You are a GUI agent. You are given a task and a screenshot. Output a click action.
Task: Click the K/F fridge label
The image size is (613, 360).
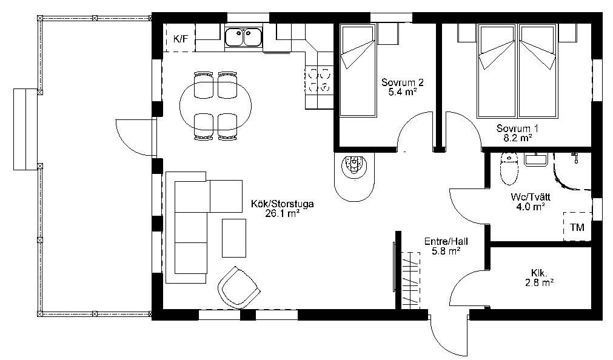(x=181, y=39)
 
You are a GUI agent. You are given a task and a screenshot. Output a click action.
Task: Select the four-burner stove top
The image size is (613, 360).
(x=319, y=80)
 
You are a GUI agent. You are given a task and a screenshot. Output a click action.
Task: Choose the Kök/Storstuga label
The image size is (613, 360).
(x=283, y=204)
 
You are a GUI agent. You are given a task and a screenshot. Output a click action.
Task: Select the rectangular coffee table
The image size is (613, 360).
(x=234, y=238)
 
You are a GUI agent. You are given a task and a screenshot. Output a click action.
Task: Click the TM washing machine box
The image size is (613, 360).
(x=577, y=227)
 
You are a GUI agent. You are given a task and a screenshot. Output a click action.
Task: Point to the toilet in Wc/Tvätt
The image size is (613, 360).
(x=509, y=168)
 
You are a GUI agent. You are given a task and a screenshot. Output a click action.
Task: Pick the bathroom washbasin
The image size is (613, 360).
(x=536, y=159)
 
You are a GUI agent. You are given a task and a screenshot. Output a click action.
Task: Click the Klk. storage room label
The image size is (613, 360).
(x=539, y=273)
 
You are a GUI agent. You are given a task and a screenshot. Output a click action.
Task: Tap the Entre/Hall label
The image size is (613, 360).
(x=446, y=241)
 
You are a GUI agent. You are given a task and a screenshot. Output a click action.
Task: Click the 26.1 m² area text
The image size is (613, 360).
(x=283, y=213)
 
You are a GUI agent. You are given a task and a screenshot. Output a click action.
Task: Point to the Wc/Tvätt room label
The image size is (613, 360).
(x=531, y=197)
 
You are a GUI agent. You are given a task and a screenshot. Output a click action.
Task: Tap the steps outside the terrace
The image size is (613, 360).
(x=26, y=129)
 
